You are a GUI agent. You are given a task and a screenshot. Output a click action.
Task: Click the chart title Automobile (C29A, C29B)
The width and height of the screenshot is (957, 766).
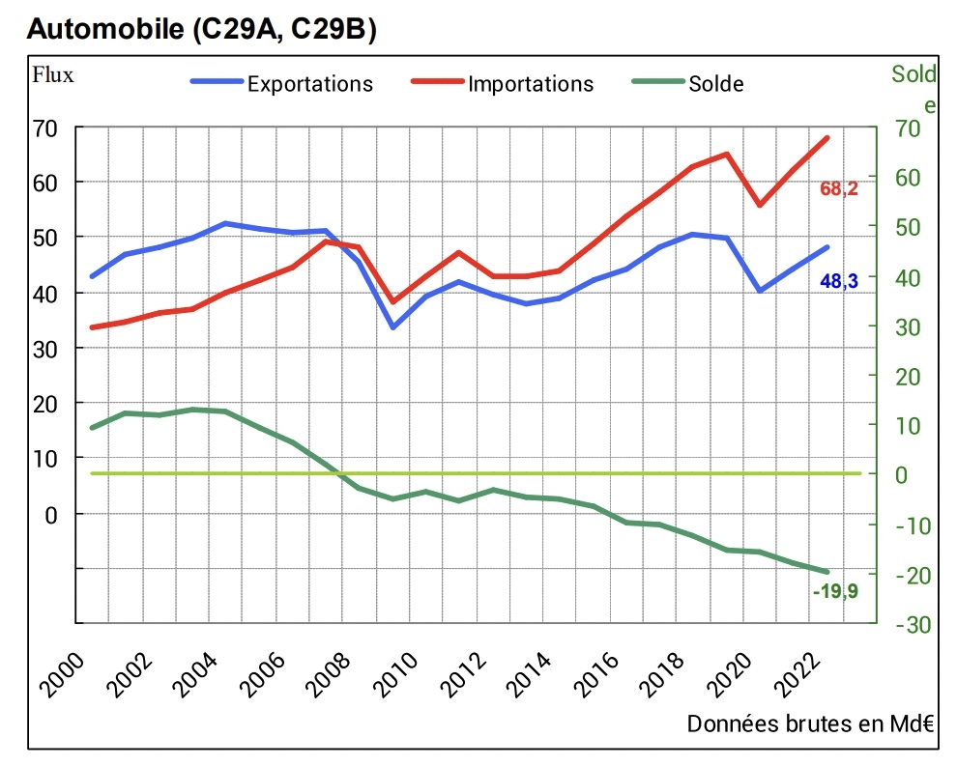coord(202,29)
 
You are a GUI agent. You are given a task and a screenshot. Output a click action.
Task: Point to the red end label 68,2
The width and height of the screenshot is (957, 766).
coord(839,189)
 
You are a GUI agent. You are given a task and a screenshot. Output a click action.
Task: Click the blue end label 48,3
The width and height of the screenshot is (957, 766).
coord(839,282)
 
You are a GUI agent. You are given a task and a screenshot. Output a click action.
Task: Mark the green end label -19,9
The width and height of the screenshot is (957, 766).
coord(835,591)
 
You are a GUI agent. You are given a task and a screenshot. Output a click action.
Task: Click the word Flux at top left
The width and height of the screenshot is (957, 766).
coord(53,73)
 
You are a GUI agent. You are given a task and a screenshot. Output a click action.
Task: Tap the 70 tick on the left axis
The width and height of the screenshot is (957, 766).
coord(46,128)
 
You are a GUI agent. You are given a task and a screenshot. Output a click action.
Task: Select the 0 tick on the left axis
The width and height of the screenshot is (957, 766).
coord(53,514)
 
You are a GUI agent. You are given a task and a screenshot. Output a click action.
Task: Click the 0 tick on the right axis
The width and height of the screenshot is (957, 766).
coord(903,474)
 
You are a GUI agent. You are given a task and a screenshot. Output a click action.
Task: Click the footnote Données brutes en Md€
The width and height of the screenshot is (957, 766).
coord(810,724)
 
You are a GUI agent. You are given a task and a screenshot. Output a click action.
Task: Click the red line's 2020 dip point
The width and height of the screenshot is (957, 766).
coord(760,205)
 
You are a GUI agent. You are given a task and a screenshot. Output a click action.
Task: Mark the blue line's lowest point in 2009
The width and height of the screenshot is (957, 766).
coord(392,327)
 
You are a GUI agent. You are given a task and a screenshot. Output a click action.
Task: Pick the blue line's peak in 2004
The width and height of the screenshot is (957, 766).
coord(225,223)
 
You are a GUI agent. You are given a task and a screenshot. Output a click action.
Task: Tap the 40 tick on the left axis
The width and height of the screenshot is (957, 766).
coord(46,294)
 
